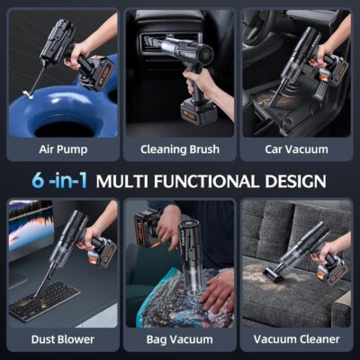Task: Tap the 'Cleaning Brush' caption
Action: click(x=180, y=149)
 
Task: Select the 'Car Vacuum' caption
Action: click(x=295, y=149)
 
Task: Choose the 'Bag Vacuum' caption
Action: click(x=180, y=339)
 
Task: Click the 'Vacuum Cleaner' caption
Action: click(x=295, y=339)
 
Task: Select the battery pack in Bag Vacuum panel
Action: click(x=148, y=225)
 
